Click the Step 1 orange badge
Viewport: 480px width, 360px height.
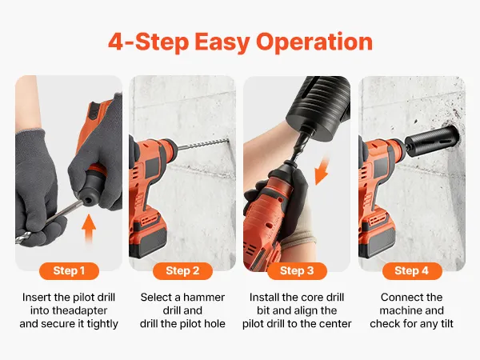pos(69,271)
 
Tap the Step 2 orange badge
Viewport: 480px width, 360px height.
pos(182,271)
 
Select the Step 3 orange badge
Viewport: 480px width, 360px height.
pos(297,271)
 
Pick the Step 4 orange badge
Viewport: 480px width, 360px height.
pos(412,271)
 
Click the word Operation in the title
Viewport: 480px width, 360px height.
pos(314,42)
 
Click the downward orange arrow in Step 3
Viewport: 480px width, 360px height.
pos(322,171)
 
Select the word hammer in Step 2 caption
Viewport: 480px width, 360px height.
pos(204,298)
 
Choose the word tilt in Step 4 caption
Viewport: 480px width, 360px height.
pos(446,324)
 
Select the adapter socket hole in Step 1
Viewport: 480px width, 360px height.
pos(90,200)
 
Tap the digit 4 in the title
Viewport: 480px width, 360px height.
pos(116,42)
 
